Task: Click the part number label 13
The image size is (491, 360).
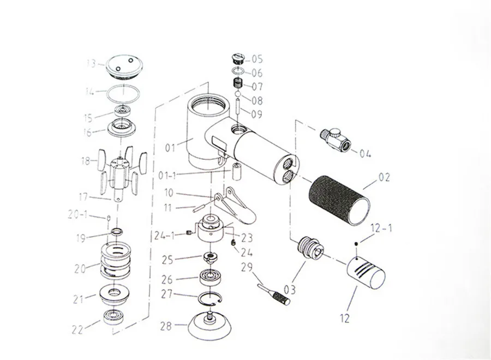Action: click(x=91, y=64)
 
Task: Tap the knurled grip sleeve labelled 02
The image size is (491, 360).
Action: click(x=339, y=200)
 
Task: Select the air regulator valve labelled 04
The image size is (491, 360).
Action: click(x=336, y=140)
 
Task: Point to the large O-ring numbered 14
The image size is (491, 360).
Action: click(x=123, y=93)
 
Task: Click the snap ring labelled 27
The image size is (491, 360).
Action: click(x=210, y=299)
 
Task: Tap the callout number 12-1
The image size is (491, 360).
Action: click(x=381, y=228)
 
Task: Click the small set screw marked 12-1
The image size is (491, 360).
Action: click(x=356, y=244)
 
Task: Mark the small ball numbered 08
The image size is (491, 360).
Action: click(x=238, y=94)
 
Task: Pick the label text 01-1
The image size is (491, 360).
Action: click(x=167, y=176)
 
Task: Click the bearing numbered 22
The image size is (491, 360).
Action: click(x=113, y=317)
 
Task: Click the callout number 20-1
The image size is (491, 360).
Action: click(x=78, y=214)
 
